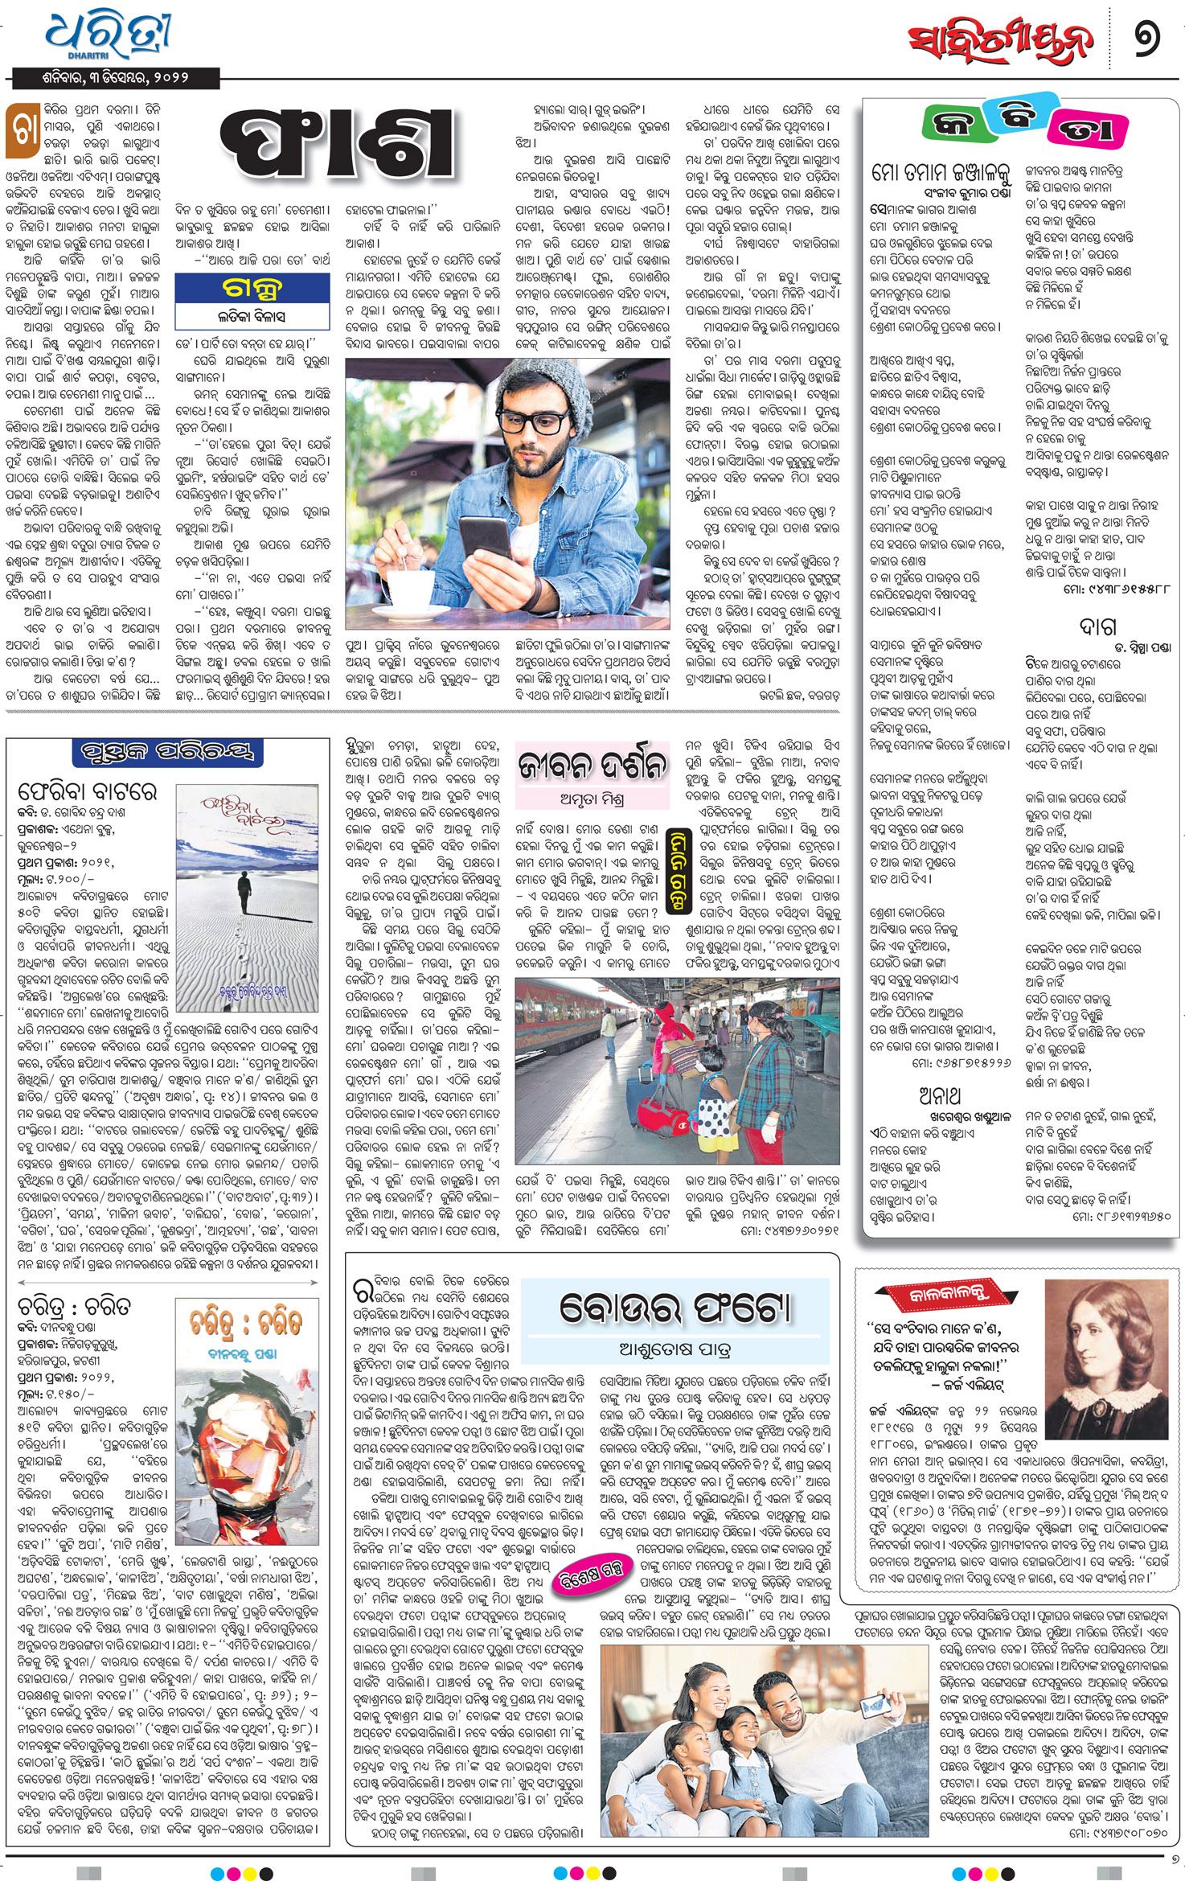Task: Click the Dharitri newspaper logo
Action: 108,35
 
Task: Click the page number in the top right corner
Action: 1147,40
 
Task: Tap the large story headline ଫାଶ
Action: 338,145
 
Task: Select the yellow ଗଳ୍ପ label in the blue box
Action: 252,288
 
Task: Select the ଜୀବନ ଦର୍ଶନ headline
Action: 592,765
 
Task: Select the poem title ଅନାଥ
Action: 940,1096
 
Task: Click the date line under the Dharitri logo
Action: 115,78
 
